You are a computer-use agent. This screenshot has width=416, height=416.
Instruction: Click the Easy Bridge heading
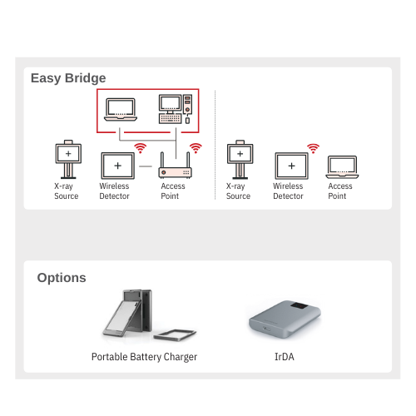[x=68, y=78]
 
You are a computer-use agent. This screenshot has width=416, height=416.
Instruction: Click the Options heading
[x=62, y=278]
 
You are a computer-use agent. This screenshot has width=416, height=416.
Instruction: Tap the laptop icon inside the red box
[x=121, y=110]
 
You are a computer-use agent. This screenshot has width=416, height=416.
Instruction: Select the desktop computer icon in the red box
[x=176, y=109]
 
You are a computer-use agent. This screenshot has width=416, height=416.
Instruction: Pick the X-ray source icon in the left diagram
[x=68, y=159]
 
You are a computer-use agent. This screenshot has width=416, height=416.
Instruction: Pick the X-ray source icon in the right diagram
[x=240, y=159]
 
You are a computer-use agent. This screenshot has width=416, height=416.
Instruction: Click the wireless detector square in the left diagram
[x=118, y=166]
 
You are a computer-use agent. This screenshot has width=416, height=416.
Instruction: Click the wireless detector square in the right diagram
[x=291, y=166]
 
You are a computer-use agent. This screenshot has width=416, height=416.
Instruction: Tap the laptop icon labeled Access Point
[x=342, y=167]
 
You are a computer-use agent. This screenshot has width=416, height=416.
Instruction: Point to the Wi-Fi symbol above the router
[x=196, y=148]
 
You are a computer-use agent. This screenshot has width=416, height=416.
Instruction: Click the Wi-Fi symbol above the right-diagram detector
[x=314, y=148]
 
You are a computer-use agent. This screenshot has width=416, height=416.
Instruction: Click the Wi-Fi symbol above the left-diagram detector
[x=141, y=148]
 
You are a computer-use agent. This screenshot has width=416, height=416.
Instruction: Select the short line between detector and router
[x=146, y=166]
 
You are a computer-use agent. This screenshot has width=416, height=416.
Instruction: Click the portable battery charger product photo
[x=149, y=315]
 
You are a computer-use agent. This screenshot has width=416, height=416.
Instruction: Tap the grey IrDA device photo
[x=285, y=319]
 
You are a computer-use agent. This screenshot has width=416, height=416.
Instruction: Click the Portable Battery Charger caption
[x=144, y=357]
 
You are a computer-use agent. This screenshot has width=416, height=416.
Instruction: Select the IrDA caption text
[x=285, y=357]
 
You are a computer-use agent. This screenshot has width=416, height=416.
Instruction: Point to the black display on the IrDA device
[x=299, y=306]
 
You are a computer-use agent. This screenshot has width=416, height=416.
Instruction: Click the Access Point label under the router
[x=173, y=191]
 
